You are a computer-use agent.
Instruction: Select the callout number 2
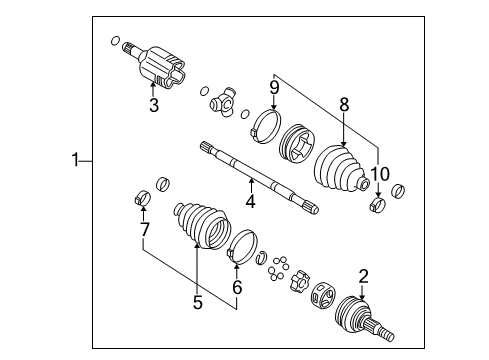[x=363, y=277]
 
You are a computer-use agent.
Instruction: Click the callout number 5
[x=197, y=298]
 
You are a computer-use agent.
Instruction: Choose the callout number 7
[x=145, y=231]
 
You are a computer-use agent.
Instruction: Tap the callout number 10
[x=379, y=175]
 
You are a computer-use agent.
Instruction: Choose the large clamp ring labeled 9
[x=266, y=124]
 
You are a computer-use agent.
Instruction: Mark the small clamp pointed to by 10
[x=379, y=205]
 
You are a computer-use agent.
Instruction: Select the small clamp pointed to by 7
[x=141, y=195]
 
